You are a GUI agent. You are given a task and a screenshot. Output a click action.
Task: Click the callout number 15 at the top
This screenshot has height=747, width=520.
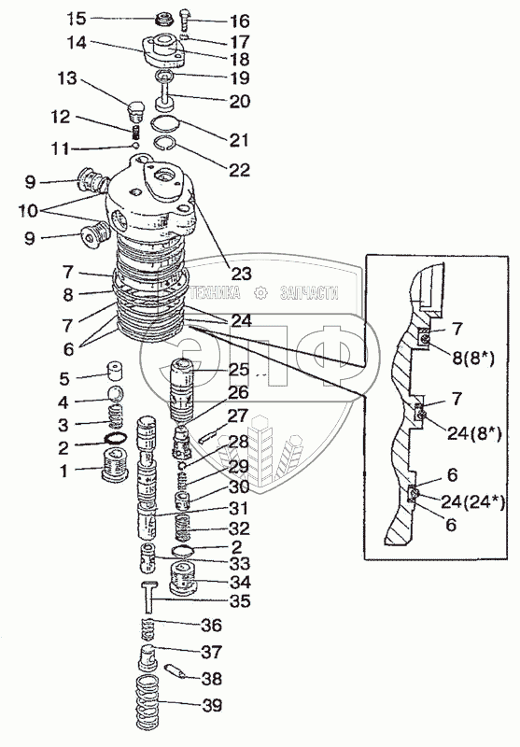pyautogui.click(x=76, y=19)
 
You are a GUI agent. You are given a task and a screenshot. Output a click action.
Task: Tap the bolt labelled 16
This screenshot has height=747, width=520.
pyautogui.click(x=184, y=21)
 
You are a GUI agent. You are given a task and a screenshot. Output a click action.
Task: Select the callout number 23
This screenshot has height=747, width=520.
pyautogui.click(x=242, y=274)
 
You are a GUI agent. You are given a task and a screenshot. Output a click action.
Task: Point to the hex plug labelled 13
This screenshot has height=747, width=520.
pyautogui.click(x=135, y=111)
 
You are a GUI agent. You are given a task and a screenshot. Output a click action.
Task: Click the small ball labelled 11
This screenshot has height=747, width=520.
pyautogui.click(x=134, y=146)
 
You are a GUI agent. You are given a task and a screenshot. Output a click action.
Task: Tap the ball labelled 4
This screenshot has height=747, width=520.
pyautogui.click(x=116, y=394)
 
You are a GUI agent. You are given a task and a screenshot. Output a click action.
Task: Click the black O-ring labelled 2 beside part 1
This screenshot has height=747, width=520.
pyautogui.click(x=115, y=438)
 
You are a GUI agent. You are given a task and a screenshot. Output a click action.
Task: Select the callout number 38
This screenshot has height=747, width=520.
pyautogui.click(x=211, y=679)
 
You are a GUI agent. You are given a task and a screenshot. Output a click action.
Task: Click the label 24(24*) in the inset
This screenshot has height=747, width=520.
pyautogui.click(x=472, y=501)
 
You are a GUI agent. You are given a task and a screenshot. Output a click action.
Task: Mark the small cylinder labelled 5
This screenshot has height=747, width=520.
pyautogui.click(x=116, y=371)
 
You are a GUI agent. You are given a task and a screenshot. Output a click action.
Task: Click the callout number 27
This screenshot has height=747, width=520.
pyautogui.click(x=238, y=416)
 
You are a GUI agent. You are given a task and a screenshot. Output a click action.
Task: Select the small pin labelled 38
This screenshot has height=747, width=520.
pyautogui.click(x=175, y=671)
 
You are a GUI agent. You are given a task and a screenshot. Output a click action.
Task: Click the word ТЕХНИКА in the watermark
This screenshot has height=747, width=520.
pyautogui.click(x=215, y=293)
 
